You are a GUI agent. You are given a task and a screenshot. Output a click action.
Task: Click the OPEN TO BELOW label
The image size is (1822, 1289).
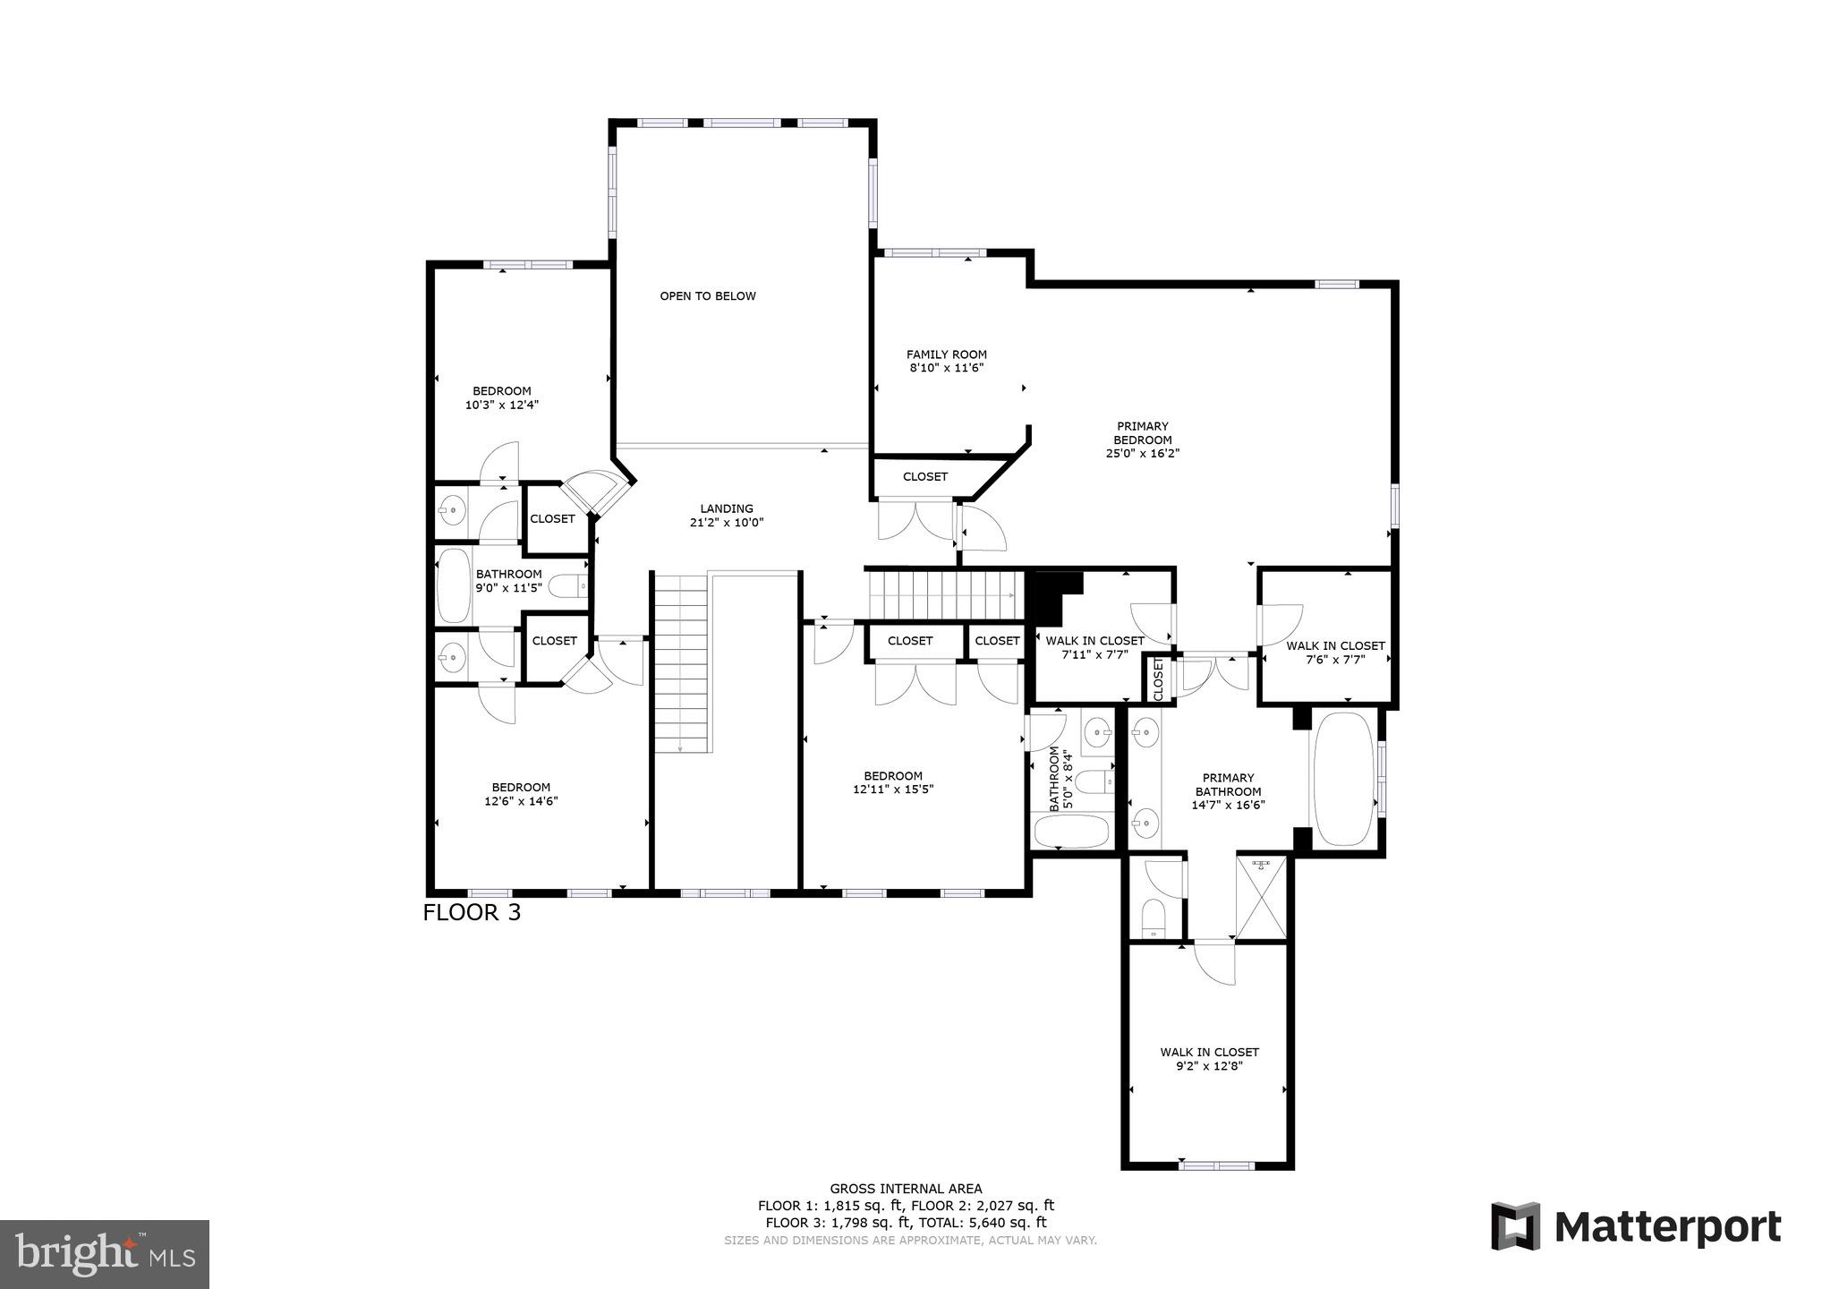pos(708,296)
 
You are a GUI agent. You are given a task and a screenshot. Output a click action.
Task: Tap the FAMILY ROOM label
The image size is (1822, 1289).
pos(946,354)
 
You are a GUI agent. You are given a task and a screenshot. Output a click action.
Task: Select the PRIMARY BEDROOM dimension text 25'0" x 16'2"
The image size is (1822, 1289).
pos(1143,454)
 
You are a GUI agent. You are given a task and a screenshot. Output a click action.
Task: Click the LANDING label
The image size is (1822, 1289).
pos(727,508)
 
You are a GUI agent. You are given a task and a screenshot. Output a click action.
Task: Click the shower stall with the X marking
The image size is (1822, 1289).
pos(1261,896)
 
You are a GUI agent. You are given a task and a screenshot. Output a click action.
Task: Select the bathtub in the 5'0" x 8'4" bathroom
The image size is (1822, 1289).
pos(1071,832)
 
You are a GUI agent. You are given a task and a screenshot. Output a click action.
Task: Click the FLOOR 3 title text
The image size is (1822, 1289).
pos(472,913)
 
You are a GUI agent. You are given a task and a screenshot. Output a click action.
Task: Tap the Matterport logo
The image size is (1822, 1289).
pos(1636,1226)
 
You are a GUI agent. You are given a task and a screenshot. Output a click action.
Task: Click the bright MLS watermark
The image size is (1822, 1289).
pos(105,1254)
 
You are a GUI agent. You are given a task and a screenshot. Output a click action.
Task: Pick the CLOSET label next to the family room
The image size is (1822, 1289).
pos(924,477)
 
